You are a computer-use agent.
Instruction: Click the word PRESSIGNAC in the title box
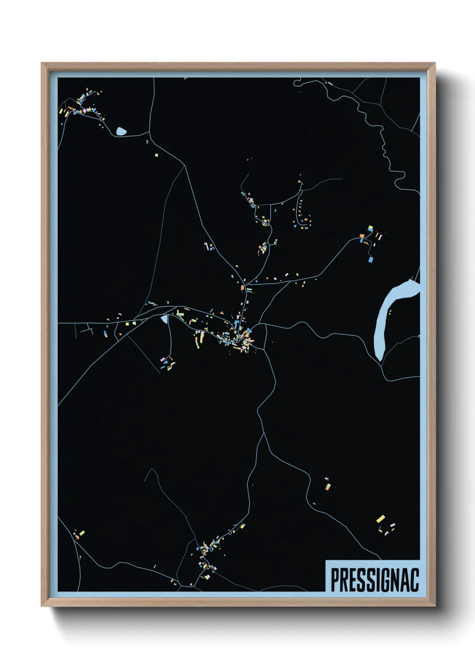tap(374, 580)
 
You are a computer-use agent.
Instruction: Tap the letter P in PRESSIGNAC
tap(335, 580)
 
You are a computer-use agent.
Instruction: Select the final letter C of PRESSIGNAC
tap(414, 580)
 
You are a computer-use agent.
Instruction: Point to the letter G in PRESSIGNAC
tap(382, 580)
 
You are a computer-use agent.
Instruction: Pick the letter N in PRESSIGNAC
tap(392, 580)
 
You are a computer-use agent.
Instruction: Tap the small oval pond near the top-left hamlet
tap(121, 131)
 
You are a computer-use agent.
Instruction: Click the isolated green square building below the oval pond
tap(157, 155)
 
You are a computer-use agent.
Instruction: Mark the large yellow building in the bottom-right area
tap(381, 519)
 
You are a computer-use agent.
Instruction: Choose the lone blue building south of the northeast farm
tap(370, 259)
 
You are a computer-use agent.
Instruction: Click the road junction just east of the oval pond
tap(149, 133)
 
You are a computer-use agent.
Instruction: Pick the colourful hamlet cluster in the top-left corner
tap(81, 106)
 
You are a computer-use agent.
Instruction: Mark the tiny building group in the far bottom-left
tap(79, 535)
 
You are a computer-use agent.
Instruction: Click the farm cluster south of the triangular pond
tap(168, 363)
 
